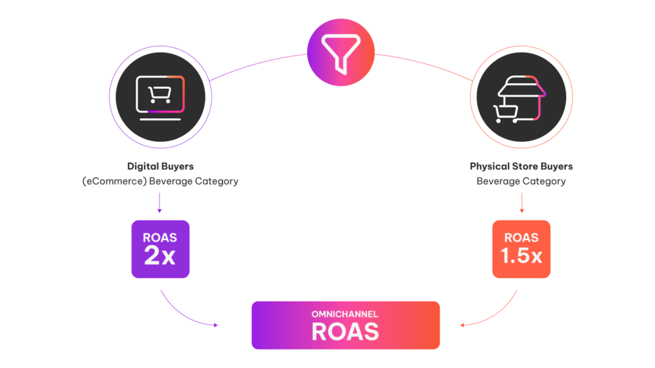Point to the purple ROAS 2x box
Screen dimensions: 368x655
tap(160, 249)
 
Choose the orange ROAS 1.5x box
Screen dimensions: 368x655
tap(521, 249)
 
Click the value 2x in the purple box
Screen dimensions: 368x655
tap(160, 256)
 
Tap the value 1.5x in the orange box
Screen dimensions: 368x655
tap(521, 256)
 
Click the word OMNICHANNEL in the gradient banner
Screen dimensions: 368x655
tap(345, 314)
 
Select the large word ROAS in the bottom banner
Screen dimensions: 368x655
tap(345, 332)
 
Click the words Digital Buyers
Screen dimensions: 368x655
tap(161, 166)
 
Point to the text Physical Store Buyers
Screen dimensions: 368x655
tap(521, 166)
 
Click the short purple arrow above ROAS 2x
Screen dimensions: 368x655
tap(159, 203)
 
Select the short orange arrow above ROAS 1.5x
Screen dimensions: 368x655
tap(521, 203)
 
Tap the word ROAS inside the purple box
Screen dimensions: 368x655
tap(160, 238)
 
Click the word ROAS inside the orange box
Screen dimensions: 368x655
tap(521, 238)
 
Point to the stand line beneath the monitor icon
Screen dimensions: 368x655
tap(160, 119)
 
